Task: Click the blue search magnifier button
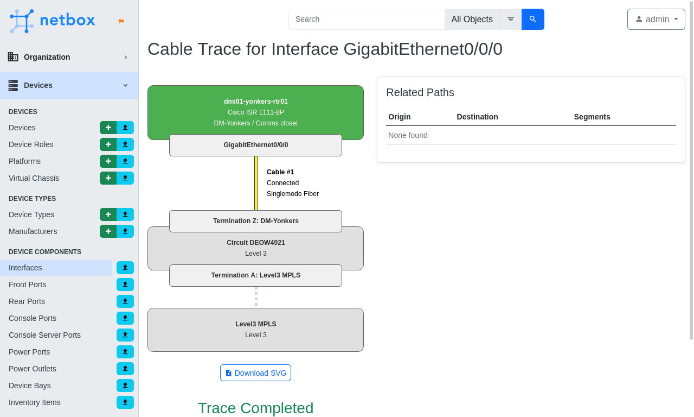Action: (532, 19)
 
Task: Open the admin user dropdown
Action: (656, 19)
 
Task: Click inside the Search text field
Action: (367, 19)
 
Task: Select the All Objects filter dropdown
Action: (472, 19)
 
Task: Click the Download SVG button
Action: (255, 372)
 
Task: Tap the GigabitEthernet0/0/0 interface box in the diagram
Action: (255, 145)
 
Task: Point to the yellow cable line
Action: (256, 183)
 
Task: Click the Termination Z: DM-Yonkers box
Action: (255, 221)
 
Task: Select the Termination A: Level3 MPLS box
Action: (255, 275)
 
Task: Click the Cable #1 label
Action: (280, 172)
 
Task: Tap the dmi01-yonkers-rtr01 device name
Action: (255, 102)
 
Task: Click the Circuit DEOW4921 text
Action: (255, 243)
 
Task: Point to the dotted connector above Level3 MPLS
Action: (256, 297)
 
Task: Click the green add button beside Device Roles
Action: (108, 144)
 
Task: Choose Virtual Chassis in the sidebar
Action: (34, 178)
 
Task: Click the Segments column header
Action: (592, 117)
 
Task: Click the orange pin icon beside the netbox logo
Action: (121, 21)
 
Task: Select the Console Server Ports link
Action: (44, 335)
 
